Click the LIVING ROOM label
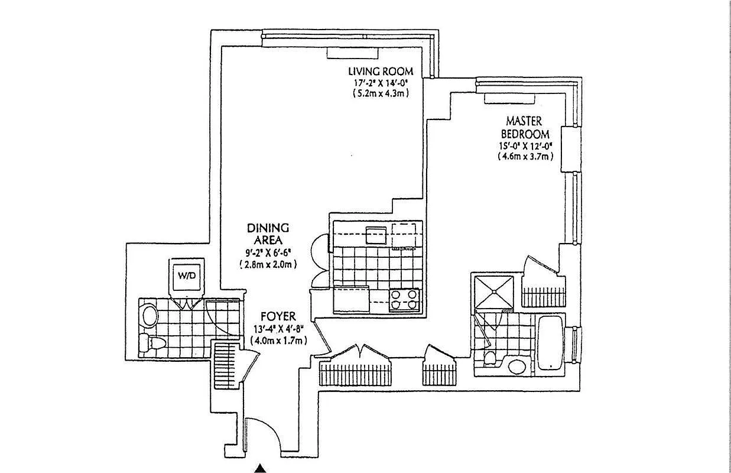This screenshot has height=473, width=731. point(380,72)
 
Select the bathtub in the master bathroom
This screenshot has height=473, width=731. point(550,342)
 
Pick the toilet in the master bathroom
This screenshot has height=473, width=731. point(490,358)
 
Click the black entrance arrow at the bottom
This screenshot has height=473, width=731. point(261,468)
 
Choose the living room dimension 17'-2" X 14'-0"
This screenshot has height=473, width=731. point(380,83)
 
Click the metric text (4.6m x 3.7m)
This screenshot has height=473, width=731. point(525,156)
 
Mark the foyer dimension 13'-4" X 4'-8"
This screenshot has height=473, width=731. point(277,329)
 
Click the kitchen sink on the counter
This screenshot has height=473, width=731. point(376,235)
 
